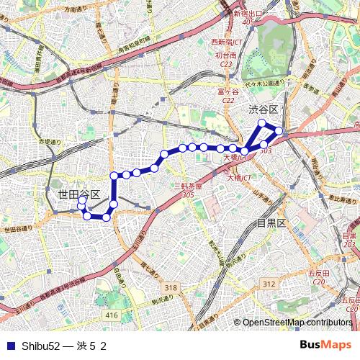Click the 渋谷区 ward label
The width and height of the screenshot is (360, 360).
click(263, 109)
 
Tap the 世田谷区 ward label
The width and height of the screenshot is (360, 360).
click(78, 195)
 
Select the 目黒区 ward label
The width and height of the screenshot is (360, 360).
click(271, 222)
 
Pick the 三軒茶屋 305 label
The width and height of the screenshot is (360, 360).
click(189, 190)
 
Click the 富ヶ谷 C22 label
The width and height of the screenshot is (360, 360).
click(228, 96)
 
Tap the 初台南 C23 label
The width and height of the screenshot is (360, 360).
click(225, 59)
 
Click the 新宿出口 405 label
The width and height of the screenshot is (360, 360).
click(248, 17)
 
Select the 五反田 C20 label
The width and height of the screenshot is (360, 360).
click(318, 278)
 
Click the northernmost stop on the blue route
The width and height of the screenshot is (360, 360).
click(262, 123)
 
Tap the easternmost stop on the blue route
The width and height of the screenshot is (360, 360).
click(279, 131)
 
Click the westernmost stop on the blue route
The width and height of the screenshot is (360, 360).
click(81, 207)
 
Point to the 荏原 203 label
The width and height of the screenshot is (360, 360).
click(349, 240)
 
